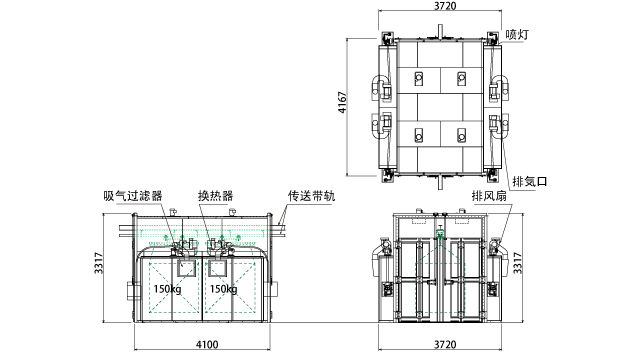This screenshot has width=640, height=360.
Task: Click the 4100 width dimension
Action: (207, 345)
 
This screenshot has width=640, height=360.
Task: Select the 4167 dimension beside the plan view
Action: (342, 102)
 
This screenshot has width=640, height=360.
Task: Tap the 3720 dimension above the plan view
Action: (445, 6)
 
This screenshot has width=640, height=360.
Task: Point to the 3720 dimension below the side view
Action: (444, 345)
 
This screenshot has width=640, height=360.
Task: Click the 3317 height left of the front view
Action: (99, 263)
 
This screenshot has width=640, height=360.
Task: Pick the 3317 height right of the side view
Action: (517, 263)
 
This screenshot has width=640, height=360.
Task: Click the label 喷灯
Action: (517, 35)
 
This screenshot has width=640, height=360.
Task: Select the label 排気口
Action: (529, 182)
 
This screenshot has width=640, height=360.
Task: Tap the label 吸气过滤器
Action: (133, 196)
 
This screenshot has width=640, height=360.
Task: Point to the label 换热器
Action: (216, 196)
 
